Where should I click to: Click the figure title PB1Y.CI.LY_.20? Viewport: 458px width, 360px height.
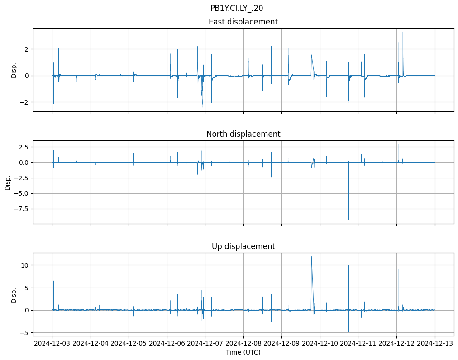pyautogui.click(x=237, y=8)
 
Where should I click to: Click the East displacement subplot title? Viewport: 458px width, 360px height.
pyautogui.click(x=243, y=22)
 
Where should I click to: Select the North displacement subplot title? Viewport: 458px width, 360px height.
pyautogui.click(x=243, y=134)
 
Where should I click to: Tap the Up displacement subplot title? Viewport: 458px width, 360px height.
pyautogui.click(x=243, y=246)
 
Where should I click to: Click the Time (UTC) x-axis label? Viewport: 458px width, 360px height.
pyautogui.click(x=243, y=352)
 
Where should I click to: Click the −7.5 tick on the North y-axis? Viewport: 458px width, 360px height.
pyautogui.click(x=22, y=209)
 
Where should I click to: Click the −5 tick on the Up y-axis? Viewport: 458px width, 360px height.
pyautogui.click(x=24, y=333)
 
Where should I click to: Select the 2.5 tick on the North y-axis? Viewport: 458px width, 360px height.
pyautogui.click(x=24, y=147)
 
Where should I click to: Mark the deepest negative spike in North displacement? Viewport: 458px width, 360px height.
pyautogui.click(x=348, y=220)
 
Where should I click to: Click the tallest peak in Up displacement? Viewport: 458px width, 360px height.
pyautogui.click(x=311, y=257)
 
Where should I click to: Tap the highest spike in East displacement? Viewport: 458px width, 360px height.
pyautogui.click(x=403, y=32)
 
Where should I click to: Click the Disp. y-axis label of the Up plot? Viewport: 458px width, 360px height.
pyautogui.click(x=14, y=295)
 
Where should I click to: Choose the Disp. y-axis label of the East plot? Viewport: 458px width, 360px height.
pyautogui.click(x=14, y=70)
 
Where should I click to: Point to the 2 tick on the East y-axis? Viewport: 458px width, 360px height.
pyautogui.click(x=27, y=49)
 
